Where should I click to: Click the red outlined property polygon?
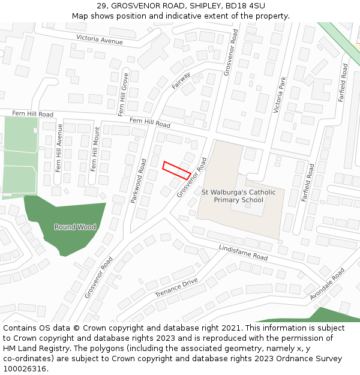[176, 170]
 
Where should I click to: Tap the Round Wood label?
[75, 227]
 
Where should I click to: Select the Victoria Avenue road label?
[99, 40]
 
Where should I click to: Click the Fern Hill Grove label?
[123, 94]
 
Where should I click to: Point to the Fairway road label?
[181, 81]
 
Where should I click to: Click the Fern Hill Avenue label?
[59, 148]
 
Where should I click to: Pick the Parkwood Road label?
[139, 180]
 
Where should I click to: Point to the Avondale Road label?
[328, 284]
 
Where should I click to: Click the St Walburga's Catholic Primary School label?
[239, 196]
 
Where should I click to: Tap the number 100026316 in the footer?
[23, 368]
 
